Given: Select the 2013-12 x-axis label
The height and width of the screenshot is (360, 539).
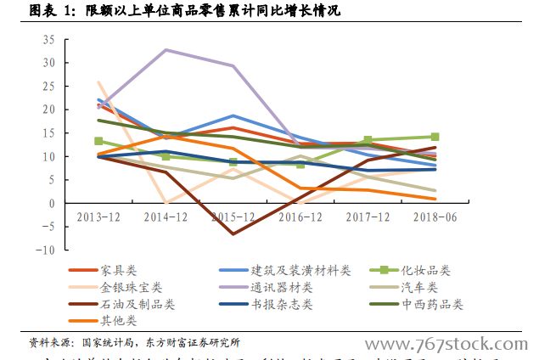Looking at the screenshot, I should (98, 217).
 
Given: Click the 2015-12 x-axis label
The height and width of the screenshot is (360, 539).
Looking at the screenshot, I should (233, 217).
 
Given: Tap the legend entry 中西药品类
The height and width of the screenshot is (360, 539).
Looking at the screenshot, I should (433, 304).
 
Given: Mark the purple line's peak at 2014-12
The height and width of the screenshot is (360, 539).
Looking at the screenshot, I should (166, 49).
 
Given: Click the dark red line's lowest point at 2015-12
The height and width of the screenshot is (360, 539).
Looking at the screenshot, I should (233, 233).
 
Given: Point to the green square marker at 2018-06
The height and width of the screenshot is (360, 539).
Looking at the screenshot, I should (435, 137).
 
